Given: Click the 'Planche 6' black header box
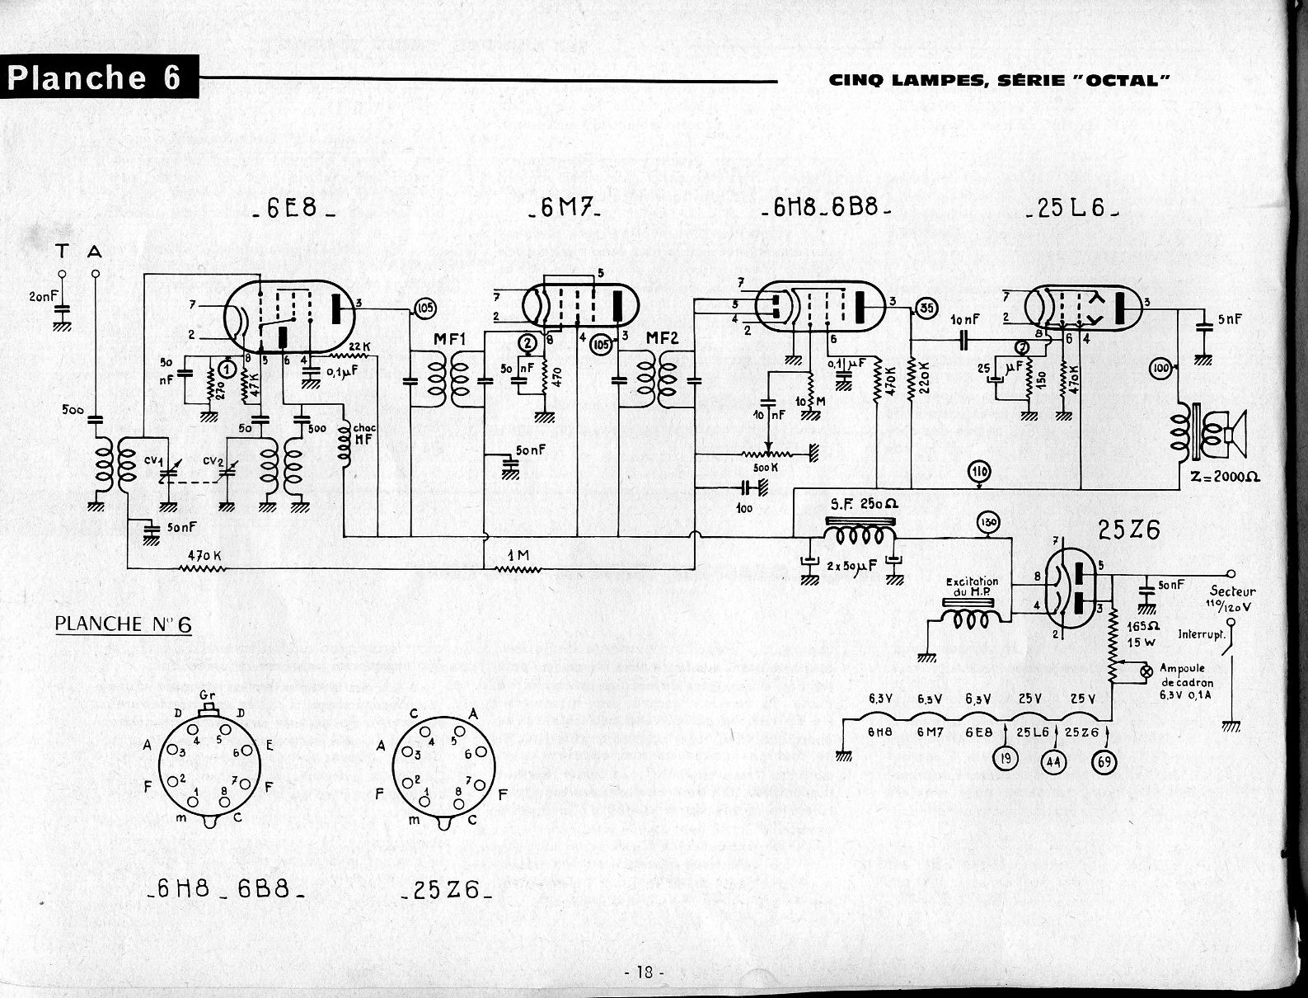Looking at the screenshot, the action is click(99, 77).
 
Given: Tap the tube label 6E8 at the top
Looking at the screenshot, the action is click(293, 209).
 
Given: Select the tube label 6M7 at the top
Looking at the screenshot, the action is click(564, 209).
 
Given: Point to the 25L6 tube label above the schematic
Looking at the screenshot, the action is click(1071, 209).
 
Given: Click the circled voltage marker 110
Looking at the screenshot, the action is click(979, 473).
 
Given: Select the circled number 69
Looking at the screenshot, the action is click(1104, 761).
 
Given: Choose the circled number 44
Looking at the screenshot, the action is click(1052, 761).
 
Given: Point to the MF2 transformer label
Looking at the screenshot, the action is click(663, 338).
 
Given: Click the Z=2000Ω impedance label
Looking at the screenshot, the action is click(1226, 478).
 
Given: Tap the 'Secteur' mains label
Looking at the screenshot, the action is click(1233, 591).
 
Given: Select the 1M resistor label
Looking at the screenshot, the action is click(518, 556).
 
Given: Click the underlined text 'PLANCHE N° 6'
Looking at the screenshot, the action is click(123, 624).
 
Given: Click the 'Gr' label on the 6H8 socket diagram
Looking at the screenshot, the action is click(208, 696).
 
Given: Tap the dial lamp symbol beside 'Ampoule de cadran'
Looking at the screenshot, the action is click(1145, 672).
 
